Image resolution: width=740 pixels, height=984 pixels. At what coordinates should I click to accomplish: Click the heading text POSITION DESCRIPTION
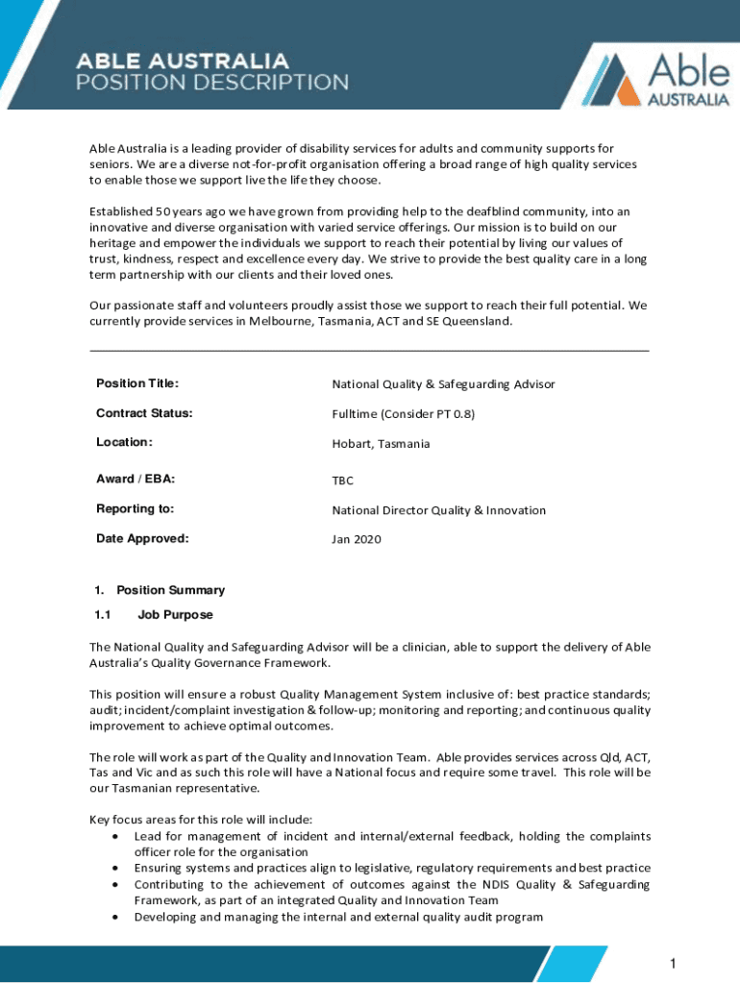pyautogui.click(x=212, y=82)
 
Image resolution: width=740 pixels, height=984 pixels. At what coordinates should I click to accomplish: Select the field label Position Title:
pyautogui.click(x=137, y=383)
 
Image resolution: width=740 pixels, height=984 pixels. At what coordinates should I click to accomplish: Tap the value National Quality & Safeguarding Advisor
pyautogui.click(x=443, y=384)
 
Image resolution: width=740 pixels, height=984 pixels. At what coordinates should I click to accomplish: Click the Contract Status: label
pyautogui.click(x=144, y=413)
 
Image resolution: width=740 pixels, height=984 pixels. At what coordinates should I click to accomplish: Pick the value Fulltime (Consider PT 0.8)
pyautogui.click(x=404, y=414)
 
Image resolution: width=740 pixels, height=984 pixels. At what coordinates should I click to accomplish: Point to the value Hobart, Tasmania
pyautogui.click(x=381, y=444)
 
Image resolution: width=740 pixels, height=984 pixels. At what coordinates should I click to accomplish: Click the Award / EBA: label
pyautogui.click(x=136, y=479)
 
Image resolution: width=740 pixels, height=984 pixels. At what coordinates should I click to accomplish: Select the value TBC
pyautogui.click(x=343, y=480)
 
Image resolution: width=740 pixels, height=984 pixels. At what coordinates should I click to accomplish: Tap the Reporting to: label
pyautogui.click(x=135, y=508)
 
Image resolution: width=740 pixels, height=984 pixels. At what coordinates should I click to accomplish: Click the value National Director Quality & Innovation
pyautogui.click(x=438, y=510)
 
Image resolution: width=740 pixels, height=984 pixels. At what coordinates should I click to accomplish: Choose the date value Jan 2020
pyautogui.click(x=357, y=539)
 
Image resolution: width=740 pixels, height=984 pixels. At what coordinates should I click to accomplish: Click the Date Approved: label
pyautogui.click(x=142, y=538)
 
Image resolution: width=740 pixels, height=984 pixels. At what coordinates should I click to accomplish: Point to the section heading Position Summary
pyautogui.click(x=170, y=590)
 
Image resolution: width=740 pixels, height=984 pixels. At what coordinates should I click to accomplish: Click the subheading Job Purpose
pyautogui.click(x=175, y=614)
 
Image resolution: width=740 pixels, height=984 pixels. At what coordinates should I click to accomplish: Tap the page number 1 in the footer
pyautogui.click(x=675, y=964)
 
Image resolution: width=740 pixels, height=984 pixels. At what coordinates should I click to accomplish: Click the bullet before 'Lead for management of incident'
pyautogui.click(x=115, y=836)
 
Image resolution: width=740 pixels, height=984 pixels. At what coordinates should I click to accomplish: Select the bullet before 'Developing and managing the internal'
pyautogui.click(x=115, y=917)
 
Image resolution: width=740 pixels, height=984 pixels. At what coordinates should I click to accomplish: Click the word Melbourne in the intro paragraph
pyautogui.click(x=281, y=321)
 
